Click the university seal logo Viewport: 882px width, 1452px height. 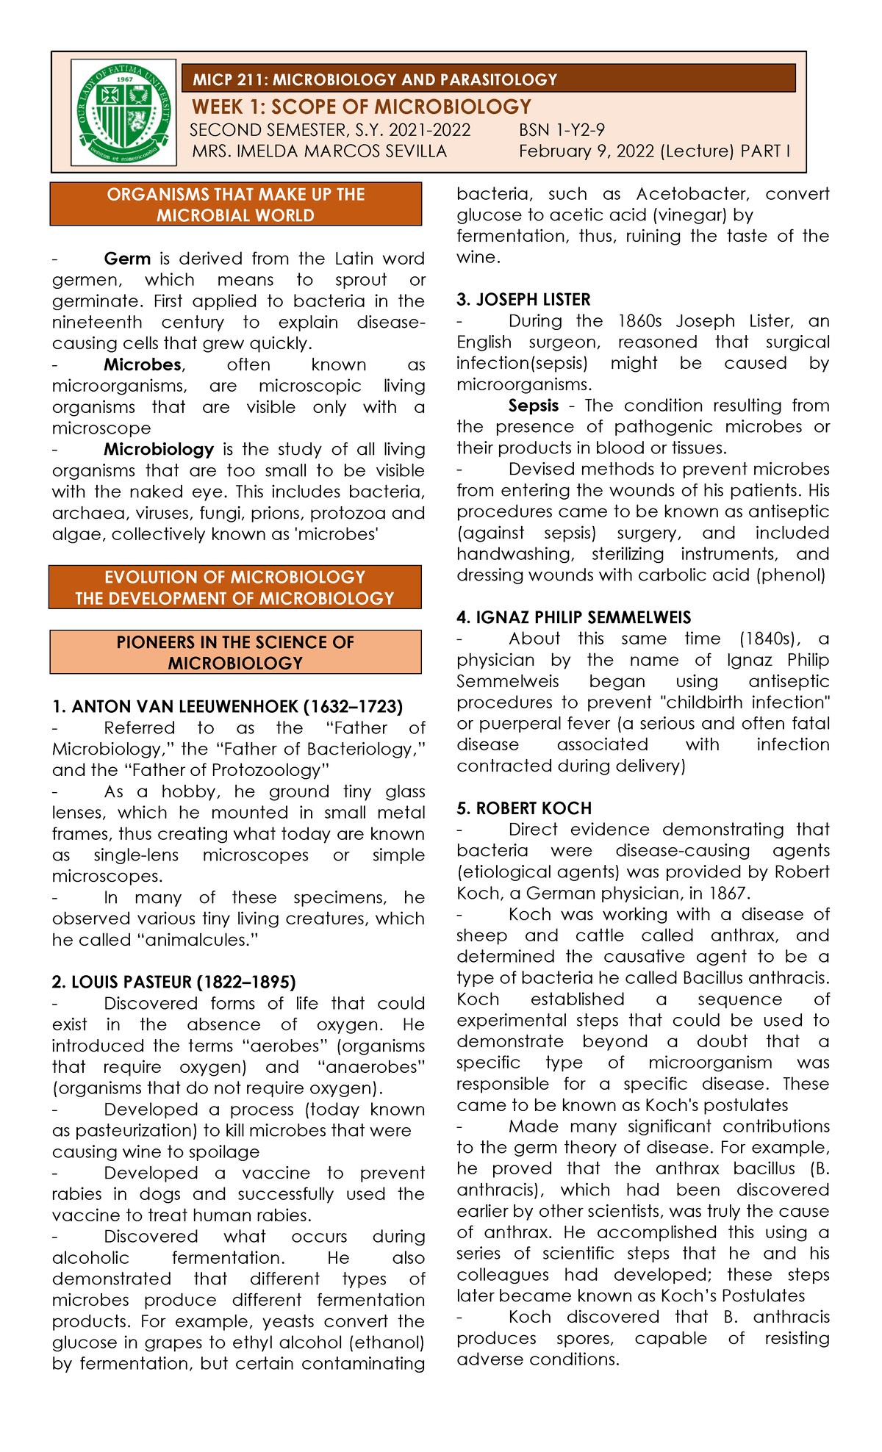(x=123, y=112)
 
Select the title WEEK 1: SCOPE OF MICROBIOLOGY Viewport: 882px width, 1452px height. (x=361, y=107)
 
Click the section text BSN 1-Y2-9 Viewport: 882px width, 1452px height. (x=562, y=131)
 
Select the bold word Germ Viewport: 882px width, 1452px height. (x=127, y=259)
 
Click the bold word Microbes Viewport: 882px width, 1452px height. (x=143, y=364)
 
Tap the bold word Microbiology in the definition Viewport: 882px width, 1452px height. (x=159, y=449)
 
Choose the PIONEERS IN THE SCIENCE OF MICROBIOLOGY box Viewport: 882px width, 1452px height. (x=235, y=653)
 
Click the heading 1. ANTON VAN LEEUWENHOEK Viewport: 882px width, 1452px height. (x=227, y=707)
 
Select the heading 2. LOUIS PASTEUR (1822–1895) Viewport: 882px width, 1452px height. (x=173, y=982)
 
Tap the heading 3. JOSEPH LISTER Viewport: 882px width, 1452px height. (x=523, y=300)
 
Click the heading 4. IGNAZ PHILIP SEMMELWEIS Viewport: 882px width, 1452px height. (x=573, y=618)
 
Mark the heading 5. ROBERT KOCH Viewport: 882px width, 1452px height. (x=524, y=808)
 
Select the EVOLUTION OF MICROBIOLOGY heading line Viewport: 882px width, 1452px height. (x=235, y=578)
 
